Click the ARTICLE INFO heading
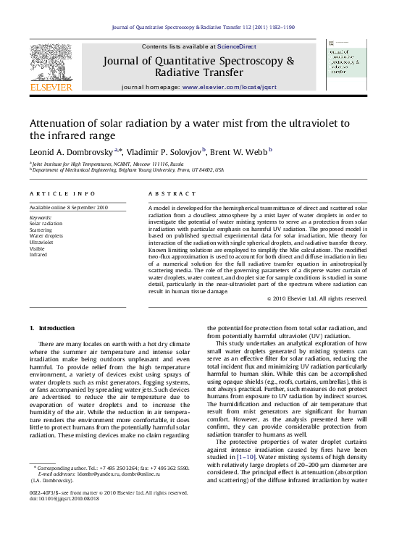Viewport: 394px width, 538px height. (x=62, y=194)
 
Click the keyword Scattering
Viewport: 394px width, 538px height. (x=41, y=230)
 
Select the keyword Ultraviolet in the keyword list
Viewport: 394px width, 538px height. (x=41, y=242)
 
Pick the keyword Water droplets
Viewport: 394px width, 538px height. (x=46, y=236)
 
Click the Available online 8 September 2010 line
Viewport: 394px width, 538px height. (x=68, y=207)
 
